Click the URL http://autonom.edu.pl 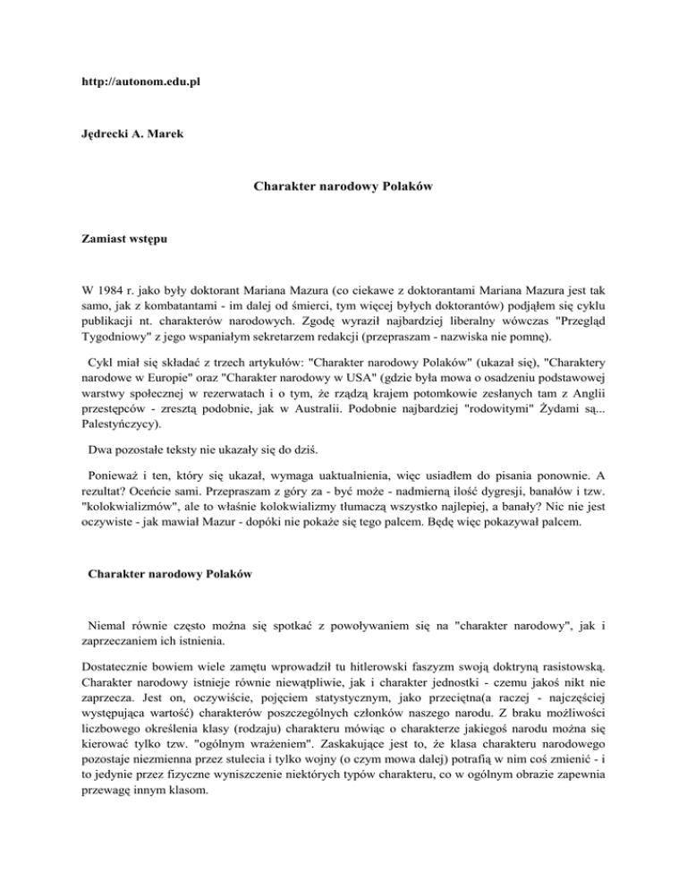click(136, 81)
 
